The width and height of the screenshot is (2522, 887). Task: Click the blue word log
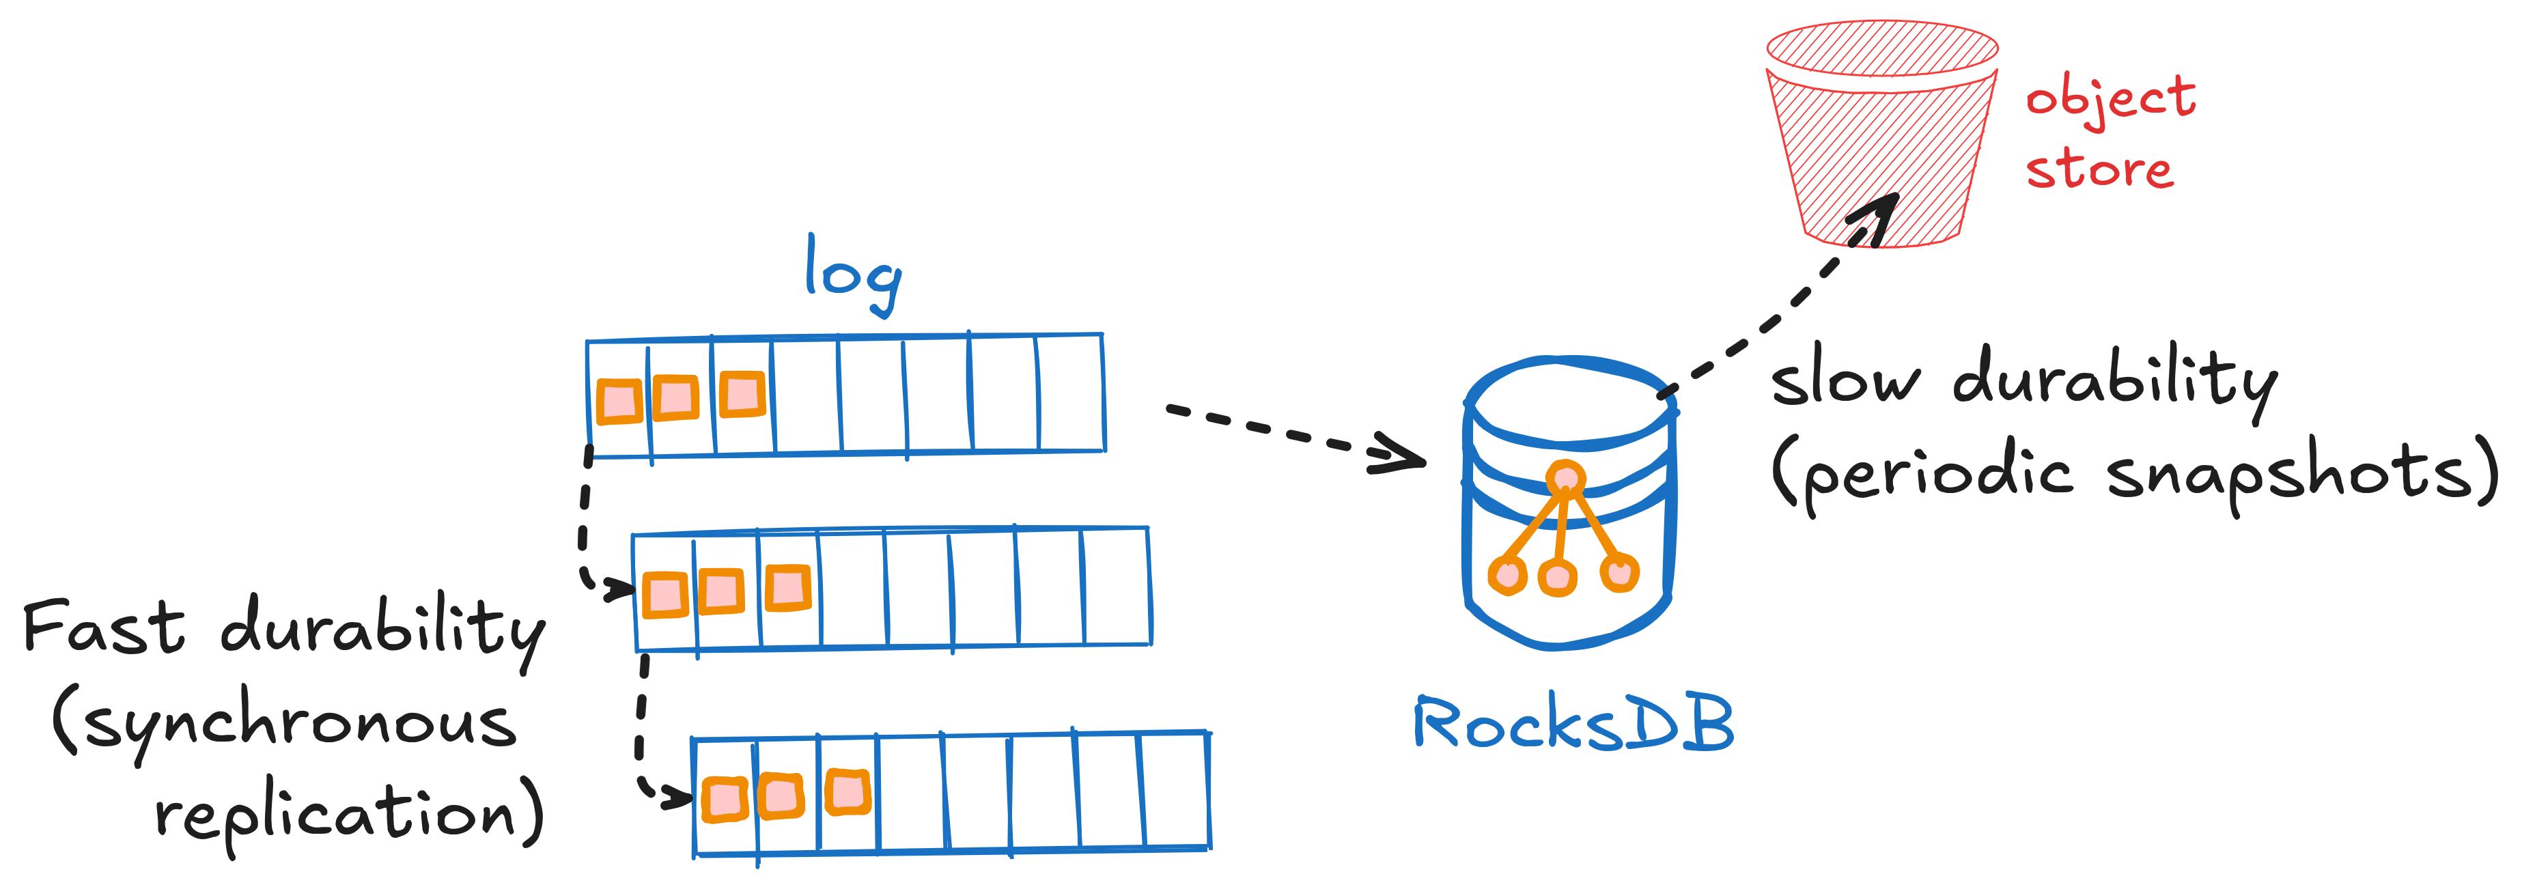[x=850, y=269]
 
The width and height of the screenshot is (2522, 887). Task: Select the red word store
[x=2098, y=170]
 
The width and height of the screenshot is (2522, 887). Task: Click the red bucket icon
[x=1880, y=137]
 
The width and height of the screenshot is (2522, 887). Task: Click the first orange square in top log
[x=619, y=399]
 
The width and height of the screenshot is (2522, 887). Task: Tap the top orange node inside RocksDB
[x=1567, y=478]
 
